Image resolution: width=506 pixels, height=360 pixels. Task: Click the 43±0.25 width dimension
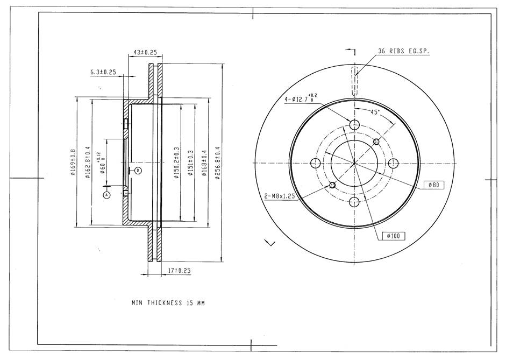145,52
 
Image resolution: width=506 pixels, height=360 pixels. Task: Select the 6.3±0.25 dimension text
103,72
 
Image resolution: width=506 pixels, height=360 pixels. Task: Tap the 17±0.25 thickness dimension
180,271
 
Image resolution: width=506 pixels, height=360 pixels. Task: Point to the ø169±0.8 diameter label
73,162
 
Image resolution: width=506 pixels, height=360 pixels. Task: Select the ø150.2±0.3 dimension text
176,163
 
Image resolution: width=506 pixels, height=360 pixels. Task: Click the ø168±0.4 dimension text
204,163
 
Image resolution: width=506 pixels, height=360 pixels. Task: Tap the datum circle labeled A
107,195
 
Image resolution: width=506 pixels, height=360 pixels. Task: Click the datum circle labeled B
138,170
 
